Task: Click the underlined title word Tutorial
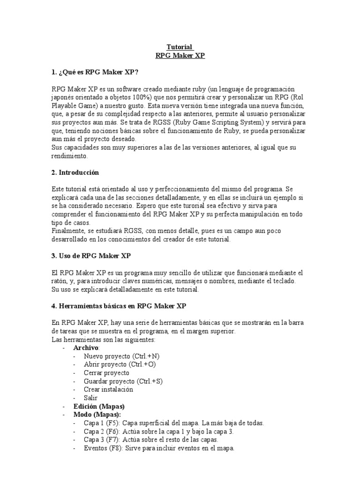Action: [180, 47]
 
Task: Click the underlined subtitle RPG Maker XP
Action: [180, 55]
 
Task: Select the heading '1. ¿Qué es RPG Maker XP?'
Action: [95, 72]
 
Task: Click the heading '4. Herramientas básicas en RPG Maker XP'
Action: [119, 306]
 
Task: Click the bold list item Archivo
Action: [86, 348]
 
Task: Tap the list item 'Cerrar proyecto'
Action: [106, 373]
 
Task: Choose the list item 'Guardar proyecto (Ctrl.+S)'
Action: [123, 382]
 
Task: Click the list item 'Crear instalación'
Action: [108, 390]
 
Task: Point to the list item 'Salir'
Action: [91, 398]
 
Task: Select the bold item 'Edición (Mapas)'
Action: [99, 406]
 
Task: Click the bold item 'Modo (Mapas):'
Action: [97, 415]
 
